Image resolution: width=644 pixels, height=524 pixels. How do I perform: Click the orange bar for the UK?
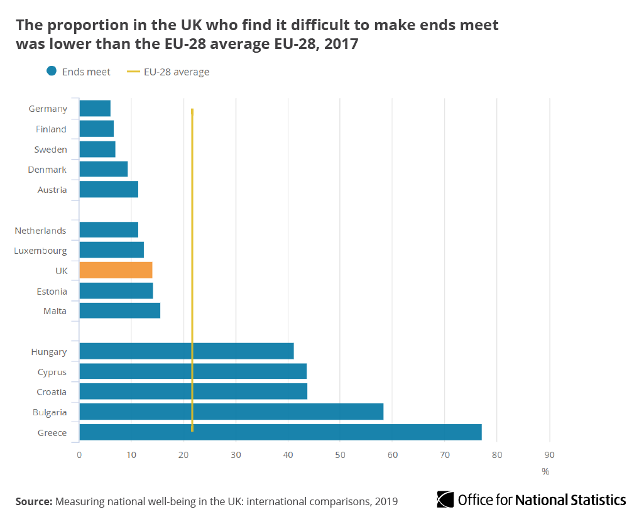(116, 270)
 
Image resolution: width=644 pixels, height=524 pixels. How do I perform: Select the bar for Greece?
(280, 432)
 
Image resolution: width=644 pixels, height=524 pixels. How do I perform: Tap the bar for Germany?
(95, 108)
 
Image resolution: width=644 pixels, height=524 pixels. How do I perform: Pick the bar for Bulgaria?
(231, 412)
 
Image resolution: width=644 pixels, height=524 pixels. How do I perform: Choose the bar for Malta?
(119, 310)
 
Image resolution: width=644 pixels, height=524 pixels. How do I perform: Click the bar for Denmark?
(104, 169)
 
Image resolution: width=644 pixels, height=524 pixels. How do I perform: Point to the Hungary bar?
(187, 351)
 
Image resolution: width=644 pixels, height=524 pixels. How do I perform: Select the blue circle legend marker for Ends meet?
(52, 72)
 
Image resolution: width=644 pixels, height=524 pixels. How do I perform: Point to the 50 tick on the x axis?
(340, 455)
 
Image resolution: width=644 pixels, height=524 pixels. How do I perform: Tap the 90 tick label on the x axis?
(549, 455)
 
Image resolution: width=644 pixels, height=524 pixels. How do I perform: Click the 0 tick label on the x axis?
(79, 455)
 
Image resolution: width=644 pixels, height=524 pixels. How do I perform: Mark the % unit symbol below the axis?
(545, 471)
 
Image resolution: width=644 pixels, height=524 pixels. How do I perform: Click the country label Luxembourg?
(40, 251)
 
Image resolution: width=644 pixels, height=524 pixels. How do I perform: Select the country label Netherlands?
(40, 231)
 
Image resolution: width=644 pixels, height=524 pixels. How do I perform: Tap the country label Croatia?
(52, 392)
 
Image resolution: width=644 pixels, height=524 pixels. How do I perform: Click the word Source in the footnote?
(34, 501)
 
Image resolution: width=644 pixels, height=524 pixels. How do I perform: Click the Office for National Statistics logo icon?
(445, 499)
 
